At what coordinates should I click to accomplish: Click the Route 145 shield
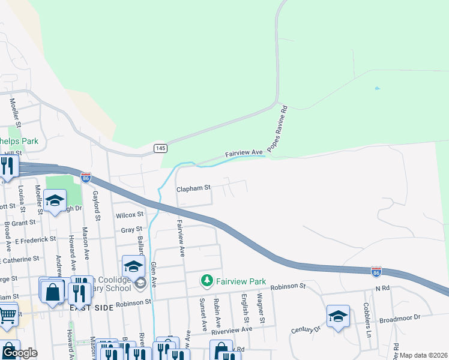[160, 148]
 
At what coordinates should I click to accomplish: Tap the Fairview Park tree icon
[207, 280]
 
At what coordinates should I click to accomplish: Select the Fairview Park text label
[241, 281]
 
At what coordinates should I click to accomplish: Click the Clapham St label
[193, 188]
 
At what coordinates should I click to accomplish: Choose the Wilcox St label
[130, 214]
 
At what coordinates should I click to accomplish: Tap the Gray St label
[131, 229]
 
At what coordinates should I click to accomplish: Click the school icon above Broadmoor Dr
[338, 316]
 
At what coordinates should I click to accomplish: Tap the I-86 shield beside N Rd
[376, 271]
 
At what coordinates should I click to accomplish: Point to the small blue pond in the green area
[377, 89]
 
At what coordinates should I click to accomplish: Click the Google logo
[19, 352]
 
